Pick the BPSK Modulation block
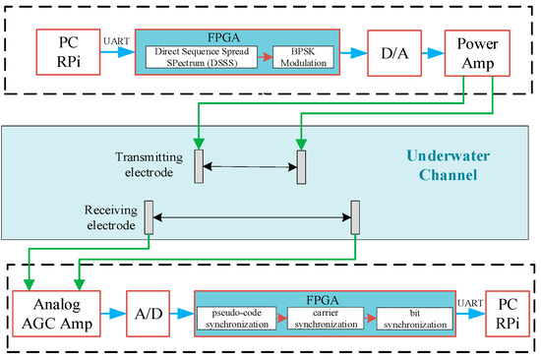[x=307, y=58]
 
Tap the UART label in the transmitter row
[x=112, y=42]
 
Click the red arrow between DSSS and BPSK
[x=266, y=58]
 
